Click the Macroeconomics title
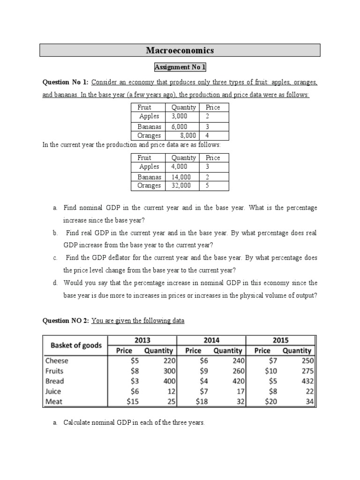pos(180,50)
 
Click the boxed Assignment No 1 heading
pos(180,67)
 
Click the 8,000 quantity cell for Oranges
pos(187,135)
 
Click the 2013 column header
pos(142,340)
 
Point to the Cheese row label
pos(57,360)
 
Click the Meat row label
pos(54,401)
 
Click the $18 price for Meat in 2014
pos(194,401)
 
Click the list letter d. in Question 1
pos(55,283)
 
